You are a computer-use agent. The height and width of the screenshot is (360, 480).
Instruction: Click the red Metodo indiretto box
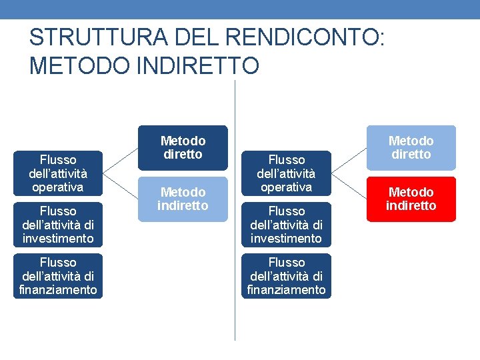pyautogui.click(x=411, y=199)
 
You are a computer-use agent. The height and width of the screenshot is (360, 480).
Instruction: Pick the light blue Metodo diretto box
pyautogui.click(x=411, y=147)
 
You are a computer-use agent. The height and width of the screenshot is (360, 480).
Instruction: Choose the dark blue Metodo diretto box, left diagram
pyautogui.click(x=183, y=147)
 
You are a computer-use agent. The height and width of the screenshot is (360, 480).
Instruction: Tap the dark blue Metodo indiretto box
pyautogui.click(x=183, y=199)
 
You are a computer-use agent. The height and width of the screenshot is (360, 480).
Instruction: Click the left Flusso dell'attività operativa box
pyautogui.click(x=58, y=173)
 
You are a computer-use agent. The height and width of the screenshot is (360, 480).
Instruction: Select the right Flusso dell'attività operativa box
pyautogui.click(x=286, y=173)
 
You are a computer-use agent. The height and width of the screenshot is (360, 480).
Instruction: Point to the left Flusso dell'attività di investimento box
pyautogui.click(x=58, y=225)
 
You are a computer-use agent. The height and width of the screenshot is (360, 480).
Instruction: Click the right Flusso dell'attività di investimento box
pyautogui.click(x=286, y=225)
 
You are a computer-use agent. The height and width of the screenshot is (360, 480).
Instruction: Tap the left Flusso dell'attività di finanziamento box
pyautogui.click(x=58, y=276)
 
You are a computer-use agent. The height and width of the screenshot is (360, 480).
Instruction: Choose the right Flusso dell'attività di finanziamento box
pyautogui.click(x=286, y=276)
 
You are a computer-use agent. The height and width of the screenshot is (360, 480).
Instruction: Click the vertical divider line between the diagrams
pyautogui.click(x=235, y=313)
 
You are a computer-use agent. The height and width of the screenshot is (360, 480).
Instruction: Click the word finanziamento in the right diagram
pyautogui.click(x=286, y=289)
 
